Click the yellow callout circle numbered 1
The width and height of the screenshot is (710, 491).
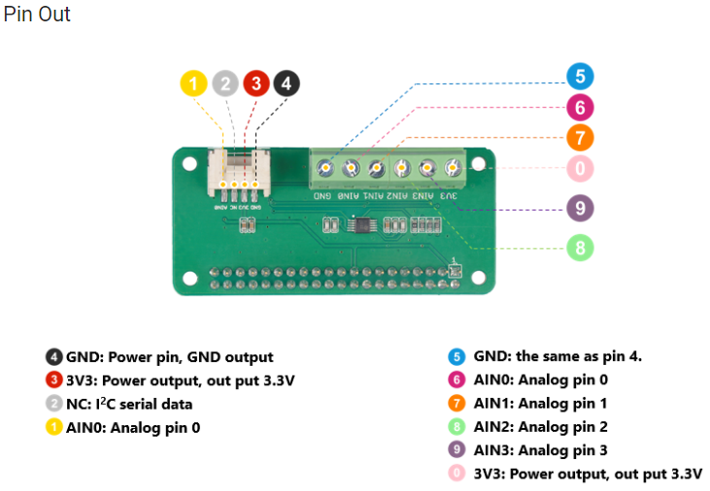click(x=194, y=83)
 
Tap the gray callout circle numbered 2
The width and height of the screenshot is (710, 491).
click(x=225, y=83)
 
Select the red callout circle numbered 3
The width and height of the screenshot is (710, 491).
click(x=255, y=83)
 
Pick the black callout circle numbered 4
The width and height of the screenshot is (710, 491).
click(x=286, y=83)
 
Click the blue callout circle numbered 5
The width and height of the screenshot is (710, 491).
click(x=580, y=77)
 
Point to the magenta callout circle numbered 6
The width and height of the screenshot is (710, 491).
click(x=580, y=108)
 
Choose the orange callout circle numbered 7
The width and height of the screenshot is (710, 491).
click(x=580, y=138)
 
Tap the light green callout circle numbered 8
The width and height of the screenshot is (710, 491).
click(x=580, y=247)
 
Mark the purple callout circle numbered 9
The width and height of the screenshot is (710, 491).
click(x=580, y=208)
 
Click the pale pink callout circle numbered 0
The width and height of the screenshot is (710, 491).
click(x=580, y=168)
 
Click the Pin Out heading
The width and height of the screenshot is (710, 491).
click(x=37, y=16)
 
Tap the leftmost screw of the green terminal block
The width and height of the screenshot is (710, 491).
click(x=325, y=169)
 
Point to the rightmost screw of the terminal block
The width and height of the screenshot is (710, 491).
click(x=452, y=169)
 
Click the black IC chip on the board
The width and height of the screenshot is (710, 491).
click(x=359, y=225)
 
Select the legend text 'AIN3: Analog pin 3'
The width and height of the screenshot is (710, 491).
click(x=540, y=450)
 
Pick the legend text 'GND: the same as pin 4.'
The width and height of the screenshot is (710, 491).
click(x=558, y=356)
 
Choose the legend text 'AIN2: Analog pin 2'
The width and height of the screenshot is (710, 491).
click(x=540, y=427)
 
